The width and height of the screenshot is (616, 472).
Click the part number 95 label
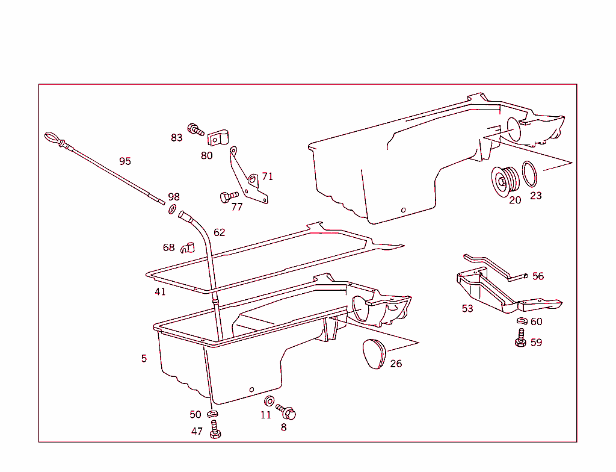(125, 161)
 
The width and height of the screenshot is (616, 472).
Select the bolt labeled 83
(196, 129)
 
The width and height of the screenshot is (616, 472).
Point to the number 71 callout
(267, 176)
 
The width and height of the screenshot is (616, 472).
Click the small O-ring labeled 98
(172, 209)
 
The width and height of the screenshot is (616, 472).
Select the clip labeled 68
(188, 246)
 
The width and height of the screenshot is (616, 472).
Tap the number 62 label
(220, 232)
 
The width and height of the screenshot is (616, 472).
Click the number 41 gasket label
(160, 292)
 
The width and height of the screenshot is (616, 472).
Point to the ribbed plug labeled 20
(503, 179)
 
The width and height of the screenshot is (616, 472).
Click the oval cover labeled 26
(374, 353)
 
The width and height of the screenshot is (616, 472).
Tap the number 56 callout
(538, 276)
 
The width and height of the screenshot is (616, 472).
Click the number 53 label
(467, 309)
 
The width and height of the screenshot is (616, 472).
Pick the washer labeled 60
(520, 321)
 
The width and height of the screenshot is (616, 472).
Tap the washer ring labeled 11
(269, 402)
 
